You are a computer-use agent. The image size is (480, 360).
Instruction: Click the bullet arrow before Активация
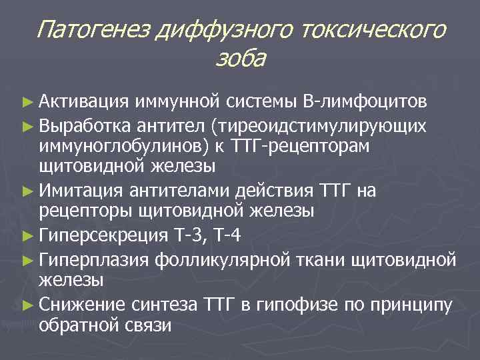click(27, 102)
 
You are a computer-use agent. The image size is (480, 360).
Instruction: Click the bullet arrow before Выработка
click(27, 125)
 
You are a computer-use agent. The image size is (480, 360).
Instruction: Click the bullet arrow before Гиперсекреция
click(27, 235)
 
